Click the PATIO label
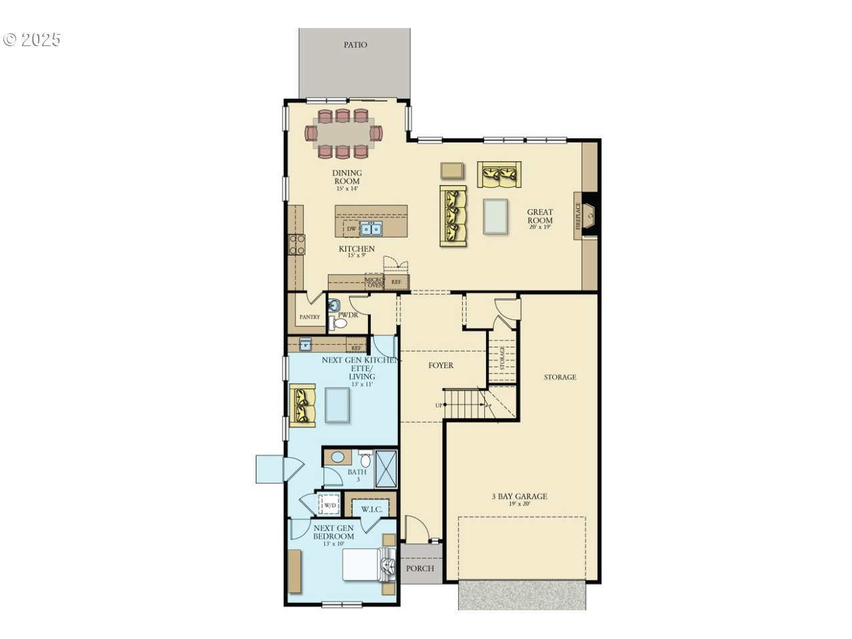tap(355, 45)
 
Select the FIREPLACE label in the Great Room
tap(578, 216)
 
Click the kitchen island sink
tap(371, 229)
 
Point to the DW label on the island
tap(351, 229)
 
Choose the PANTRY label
tap(309, 317)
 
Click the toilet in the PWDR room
tap(339, 324)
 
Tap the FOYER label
tap(441, 365)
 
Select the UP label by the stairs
tap(439, 405)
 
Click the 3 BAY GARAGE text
tap(519, 496)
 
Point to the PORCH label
tap(420, 568)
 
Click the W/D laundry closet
tap(330, 505)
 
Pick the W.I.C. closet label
tap(371, 509)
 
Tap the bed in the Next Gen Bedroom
tap(365, 566)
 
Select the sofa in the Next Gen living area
tap(302, 405)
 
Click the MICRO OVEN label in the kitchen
tap(374, 282)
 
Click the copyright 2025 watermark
tap(32, 39)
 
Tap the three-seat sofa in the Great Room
tap(453, 216)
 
